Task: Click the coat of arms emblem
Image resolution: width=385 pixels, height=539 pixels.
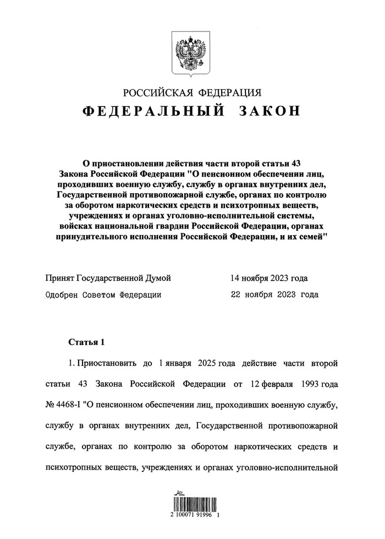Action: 193,53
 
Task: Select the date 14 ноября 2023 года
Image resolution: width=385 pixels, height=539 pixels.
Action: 269,278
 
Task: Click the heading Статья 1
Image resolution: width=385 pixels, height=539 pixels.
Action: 86,342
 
